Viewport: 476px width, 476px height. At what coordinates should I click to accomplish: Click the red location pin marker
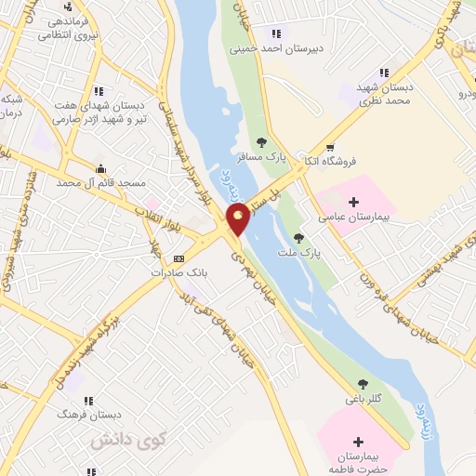coord(238,219)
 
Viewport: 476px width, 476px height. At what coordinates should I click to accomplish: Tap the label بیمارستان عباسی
coord(357,216)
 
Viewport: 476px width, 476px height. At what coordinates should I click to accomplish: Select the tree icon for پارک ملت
coord(298,238)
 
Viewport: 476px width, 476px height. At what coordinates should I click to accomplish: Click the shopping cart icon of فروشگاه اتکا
coord(330,147)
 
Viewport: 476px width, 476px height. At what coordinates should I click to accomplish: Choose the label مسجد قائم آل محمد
coord(102,182)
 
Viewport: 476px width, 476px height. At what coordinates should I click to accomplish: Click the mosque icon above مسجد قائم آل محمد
coord(99,167)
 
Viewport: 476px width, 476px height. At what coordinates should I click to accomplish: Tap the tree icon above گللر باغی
coord(363,383)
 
